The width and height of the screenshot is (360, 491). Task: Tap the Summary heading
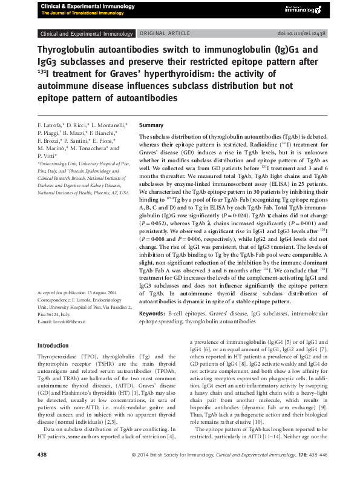(151, 124)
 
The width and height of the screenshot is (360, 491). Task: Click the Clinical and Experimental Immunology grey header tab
(86, 34)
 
